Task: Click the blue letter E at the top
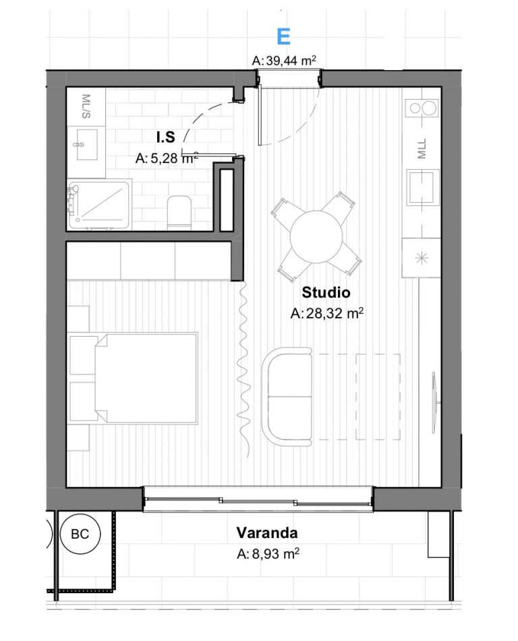(283, 37)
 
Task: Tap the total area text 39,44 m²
(284, 61)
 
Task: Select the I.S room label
(166, 137)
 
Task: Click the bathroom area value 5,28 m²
(167, 158)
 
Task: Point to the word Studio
(326, 292)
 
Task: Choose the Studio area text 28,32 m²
(326, 313)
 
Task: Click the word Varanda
(267, 533)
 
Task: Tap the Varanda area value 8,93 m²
(268, 554)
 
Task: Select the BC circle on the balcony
(80, 534)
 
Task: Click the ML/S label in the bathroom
(86, 106)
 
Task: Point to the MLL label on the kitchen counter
(422, 148)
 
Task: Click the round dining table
(316, 237)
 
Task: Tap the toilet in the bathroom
(179, 213)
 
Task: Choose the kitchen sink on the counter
(423, 187)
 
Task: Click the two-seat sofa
(287, 397)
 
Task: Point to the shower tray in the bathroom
(100, 205)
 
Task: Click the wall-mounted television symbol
(434, 402)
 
